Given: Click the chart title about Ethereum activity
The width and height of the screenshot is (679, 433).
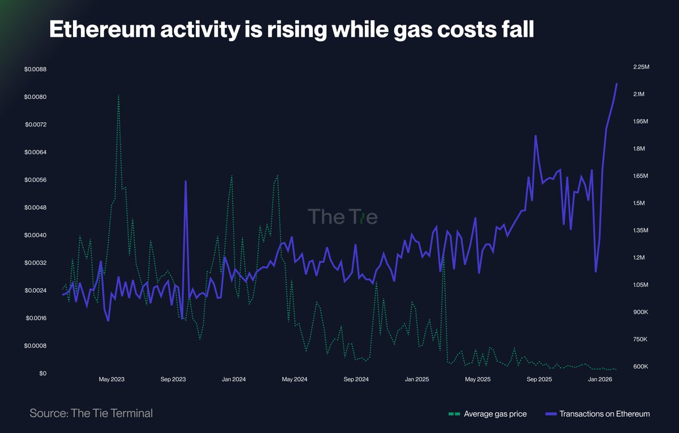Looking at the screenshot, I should [x=291, y=30].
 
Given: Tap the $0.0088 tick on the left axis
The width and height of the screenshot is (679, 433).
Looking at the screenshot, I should [x=35, y=70].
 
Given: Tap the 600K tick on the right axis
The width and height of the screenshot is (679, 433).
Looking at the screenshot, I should [x=639, y=367].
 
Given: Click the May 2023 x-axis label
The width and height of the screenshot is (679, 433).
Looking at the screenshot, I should [x=111, y=379].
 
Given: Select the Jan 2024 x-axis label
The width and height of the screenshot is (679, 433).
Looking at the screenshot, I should [x=233, y=379].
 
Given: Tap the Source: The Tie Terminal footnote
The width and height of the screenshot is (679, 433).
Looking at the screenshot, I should [x=91, y=413].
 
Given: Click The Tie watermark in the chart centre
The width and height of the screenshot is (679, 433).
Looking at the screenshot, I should [x=342, y=217].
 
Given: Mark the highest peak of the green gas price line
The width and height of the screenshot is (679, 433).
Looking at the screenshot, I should [x=118, y=95].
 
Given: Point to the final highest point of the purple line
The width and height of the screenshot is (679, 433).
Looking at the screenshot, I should [x=617, y=84].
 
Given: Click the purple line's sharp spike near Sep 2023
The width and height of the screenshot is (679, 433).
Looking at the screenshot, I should [x=186, y=181].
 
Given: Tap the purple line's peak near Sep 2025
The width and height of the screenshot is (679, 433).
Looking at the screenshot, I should [x=535, y=136].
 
